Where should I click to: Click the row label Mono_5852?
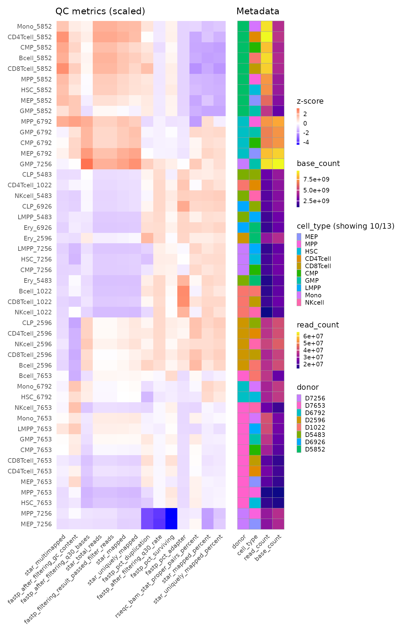coord(34,26)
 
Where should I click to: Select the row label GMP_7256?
coord(36,164)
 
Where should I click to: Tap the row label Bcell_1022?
coord(35,291)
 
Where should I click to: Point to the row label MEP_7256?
coord(36,524)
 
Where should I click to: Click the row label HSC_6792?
coord(36,397)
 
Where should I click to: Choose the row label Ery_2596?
coord(38,238)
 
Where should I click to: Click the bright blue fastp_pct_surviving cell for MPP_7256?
coord(171,514)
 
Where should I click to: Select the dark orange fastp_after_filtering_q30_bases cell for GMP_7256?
coord(87,164)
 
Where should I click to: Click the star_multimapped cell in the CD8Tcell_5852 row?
coord(63,69)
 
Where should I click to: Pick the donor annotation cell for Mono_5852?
coord(243,26)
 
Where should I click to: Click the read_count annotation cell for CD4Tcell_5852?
coord(267,37)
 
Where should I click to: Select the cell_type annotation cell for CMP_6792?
coord(255,143)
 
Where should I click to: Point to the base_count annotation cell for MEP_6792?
coord(278,154)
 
